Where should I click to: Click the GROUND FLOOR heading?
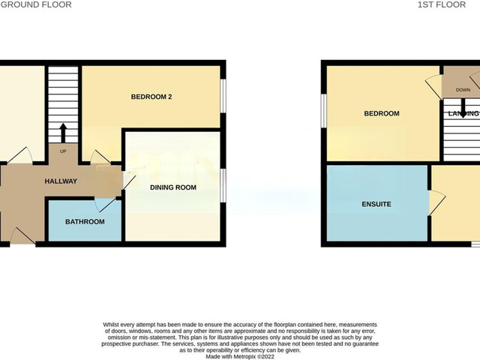(x=36, y=4)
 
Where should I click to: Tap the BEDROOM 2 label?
(x=157, y=96)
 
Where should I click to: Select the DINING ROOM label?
(x=173, y=187)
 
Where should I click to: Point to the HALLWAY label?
(x=61, y=181)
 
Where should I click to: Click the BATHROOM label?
(x=85, y=222)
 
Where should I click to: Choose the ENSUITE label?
(x=376, y=204)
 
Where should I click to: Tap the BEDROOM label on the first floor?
(x=381, y=114)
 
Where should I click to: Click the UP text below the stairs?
(x=62, y=151)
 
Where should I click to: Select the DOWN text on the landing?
(x=463, y=90)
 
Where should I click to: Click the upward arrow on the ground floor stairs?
(x=63, y=132)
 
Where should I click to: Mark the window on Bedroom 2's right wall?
(x=223, y=96)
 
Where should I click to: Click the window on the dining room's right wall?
(x=223, y=186)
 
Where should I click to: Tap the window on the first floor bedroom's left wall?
(x=324, y=111)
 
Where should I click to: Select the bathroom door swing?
(x=106, y=204)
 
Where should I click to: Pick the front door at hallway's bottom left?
(x=21, y=236)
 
